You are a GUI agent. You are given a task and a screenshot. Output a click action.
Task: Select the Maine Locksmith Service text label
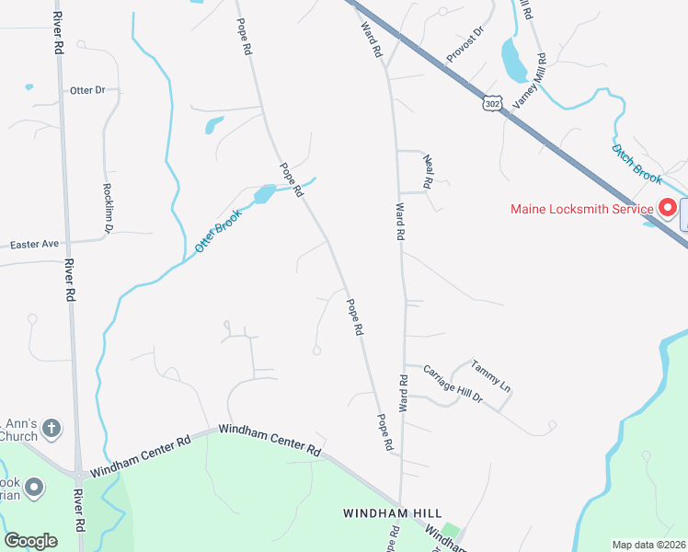pos(582,209)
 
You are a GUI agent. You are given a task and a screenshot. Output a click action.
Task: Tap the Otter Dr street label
pos(88,90)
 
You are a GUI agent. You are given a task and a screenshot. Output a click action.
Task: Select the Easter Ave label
pos(34,245)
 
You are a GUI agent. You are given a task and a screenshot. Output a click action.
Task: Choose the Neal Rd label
pos(429,169)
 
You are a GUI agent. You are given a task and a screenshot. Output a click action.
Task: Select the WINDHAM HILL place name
pos(393,512)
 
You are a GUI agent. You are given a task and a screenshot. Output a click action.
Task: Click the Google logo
pos(30,541)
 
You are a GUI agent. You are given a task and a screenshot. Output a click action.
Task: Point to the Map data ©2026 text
pos(648,545)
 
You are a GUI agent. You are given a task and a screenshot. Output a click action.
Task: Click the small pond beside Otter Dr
pos(29,87)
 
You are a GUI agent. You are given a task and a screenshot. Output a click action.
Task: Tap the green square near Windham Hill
pos(450,532)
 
